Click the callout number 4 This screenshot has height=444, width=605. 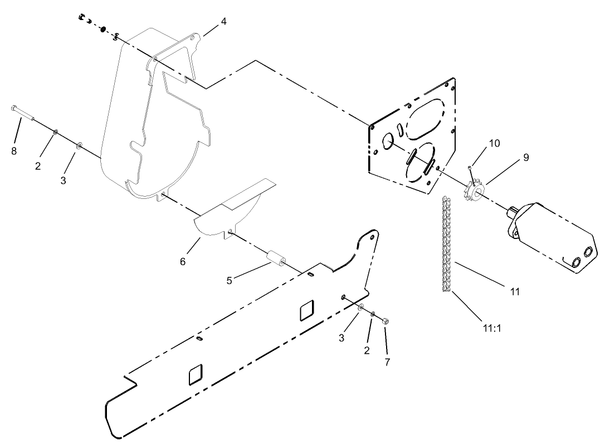click(x=223, y=21)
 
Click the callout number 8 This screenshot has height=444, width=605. click(x=14, y=151)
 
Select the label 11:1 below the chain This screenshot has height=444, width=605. click(x=492, y=328)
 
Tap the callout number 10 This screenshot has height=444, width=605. click(x=495, y=143)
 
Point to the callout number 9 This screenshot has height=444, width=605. click(x=526, y=158)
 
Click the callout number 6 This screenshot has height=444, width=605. click(x=182, y=261)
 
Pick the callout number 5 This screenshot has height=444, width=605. click(x=229, y=280)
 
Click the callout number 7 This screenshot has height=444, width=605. click(x=387, y=362)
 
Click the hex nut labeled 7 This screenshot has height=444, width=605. click(x=385, y=321)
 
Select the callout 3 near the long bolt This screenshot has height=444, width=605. click(x=63, y=180)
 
